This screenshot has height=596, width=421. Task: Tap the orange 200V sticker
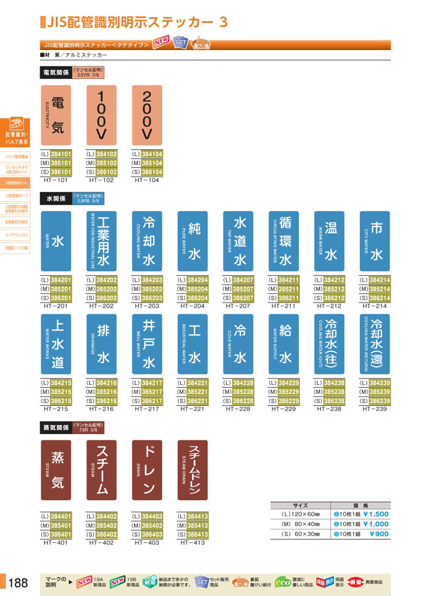(x=147, y=115)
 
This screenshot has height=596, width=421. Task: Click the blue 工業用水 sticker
(x=101, y=240)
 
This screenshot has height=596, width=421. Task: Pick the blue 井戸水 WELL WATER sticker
(x=147, y=343)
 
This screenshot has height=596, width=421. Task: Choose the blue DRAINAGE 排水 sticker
(x=101, y=343)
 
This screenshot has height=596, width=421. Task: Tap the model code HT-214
(x=375, y=306)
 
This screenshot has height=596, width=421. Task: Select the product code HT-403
(x=147, y=543)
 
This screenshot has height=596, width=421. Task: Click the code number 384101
(x=61, y=154)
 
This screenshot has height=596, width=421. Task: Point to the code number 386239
(x=380, y=401)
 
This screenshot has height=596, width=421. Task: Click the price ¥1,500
(x=375, y=513)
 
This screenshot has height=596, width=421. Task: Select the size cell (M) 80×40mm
(x=301, y=524)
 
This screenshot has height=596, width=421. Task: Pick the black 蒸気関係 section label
(x=56, y=427)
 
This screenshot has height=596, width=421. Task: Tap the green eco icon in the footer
(x=282, y=582)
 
